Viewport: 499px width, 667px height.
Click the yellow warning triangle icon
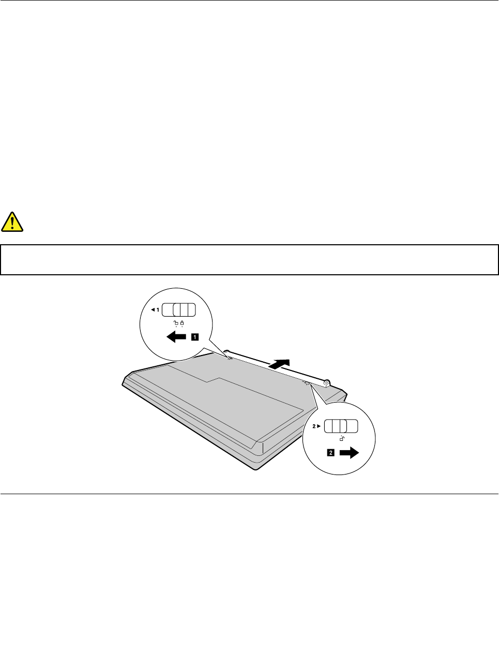click(12, 222)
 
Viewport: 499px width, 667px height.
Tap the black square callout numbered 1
click(194, 337)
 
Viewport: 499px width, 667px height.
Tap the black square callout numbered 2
click(330, 453)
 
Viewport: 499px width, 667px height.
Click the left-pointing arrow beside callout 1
click(176, 337)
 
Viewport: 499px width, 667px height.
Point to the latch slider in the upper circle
click(179, 310)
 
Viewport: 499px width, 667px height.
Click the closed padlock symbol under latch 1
click(183, 324)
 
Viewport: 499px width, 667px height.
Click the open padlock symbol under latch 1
click(176, 324)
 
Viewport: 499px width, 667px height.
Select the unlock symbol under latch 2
click(342, 439)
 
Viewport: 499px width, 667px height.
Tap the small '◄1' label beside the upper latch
click(155, 310)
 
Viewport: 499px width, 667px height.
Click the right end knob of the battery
click(327, 383)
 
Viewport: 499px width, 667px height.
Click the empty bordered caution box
click(249, 259)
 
